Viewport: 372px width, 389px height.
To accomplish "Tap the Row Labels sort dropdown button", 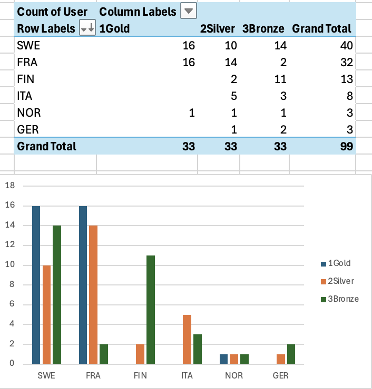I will pyautogui.click(x=87, y=28).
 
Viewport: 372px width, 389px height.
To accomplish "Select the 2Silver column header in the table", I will pyautogui.click(x=218, y=28).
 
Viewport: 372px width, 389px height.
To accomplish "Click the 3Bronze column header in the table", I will pyautogui.click(x=263, y=28).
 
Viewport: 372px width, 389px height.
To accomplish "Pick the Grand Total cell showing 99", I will pyautogui.click(x=343, y=146).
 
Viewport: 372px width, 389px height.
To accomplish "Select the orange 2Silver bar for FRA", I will pyautogui.click(x=93, y=294).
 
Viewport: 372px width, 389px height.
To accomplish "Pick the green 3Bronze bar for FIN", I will pyautogui.click(x=151, y=310).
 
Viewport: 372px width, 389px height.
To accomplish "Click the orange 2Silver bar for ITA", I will pyautogui.click(x=187, y=339).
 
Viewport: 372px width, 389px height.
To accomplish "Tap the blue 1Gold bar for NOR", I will pyautogui.click(x=223, y=359).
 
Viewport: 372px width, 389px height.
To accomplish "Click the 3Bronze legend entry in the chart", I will pyautogui.click(x=340, y=299).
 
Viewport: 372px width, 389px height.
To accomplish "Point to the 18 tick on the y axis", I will pyautogui.click(x=11, y=186).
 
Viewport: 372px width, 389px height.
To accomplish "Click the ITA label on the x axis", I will pyautogui.click(x=187, y=376).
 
